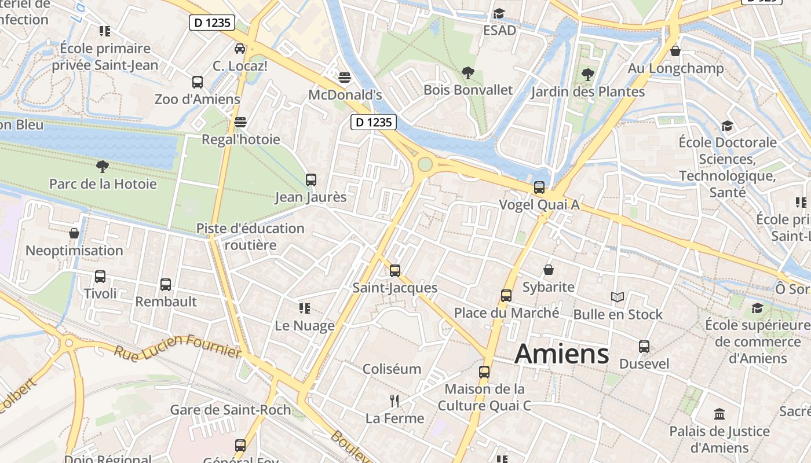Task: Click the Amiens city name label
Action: pyautogui.click(x=561, y=354)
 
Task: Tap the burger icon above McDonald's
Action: pyautogui.click(x=345, y=78)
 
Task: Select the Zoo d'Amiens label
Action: pyautogui.click(x=197, y=99)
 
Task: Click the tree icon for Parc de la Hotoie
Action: pyautogui.click(x=103, y=167)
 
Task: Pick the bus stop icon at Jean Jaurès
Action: pyautogui.click(x=311, y=180)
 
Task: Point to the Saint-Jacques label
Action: pyautogui.click(x=395, y=288)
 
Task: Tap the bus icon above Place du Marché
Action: pyautogui.click(x=506, y=296)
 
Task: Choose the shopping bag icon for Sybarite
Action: pyautogui.click(x=549, y=270)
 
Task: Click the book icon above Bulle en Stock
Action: pyautogui.click(x=618, y=297)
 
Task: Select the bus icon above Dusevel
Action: pyautogui.click(x=644, y=347)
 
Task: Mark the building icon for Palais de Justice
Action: pyautogui.click(x=720, y=414)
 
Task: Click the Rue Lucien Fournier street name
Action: pyautogui.click(x=177, y=345)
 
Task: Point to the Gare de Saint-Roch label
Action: pyautogui.click(x=231, y=410)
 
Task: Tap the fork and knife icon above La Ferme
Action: pyautogui.click(x=394, y=400)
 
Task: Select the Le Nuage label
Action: pyautogui.click(x=305, y=325)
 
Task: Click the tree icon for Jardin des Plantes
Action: pyautogui.click(x=588, y=75)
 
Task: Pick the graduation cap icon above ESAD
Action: pyautogui.click(x=499, y=13)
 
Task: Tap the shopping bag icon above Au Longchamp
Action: pyautogui.click(x=675, y=51)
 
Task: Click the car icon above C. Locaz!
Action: pyautogui.click(x=240, y=49)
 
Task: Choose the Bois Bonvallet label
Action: pyautogui.click(x=468, y=90)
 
